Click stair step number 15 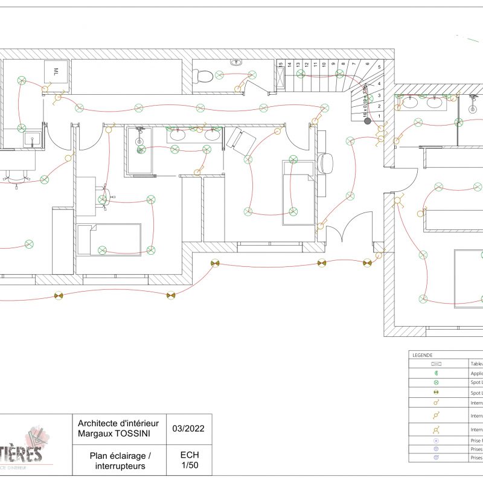[281, 64]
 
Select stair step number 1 [379, 115]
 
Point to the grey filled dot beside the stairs [367, 121]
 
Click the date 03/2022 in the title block [188, 429]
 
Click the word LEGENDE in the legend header [422, 355]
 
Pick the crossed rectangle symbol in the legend [436, 364]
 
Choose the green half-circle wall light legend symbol [436, 373]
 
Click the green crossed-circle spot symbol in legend [436, 383]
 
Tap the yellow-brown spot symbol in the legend [436, 392]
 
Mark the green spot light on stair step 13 [300, 74]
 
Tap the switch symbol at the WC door [238, 89]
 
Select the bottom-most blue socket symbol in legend [436, 458]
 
